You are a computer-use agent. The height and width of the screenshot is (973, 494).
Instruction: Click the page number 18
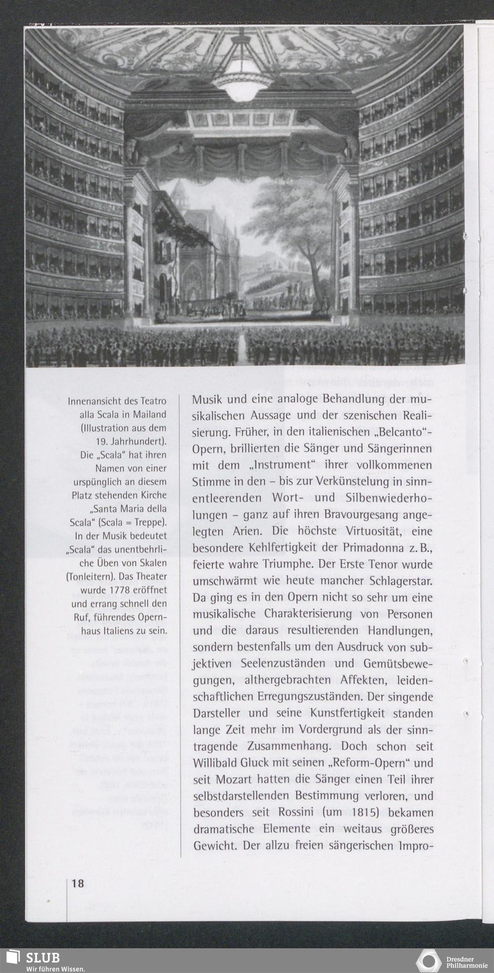coord(78,884)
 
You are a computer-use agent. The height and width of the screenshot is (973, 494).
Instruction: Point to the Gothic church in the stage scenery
coord(203,257)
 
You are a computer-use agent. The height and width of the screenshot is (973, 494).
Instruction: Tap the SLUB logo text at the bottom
coord(42,958)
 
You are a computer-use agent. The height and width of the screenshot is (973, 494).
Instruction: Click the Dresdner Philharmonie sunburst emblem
coord(428,961)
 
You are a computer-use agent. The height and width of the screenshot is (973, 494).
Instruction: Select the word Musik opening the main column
coord(207,399)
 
